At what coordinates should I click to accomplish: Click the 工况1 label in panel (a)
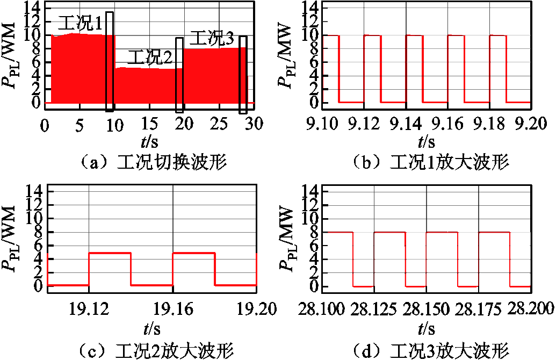click(80, 24)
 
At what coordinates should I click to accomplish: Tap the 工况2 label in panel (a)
click(150, 57)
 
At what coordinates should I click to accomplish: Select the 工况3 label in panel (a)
click(212, 38)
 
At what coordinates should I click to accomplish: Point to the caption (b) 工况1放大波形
click(430, 163)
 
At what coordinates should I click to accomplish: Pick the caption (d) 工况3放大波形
click(430, 351)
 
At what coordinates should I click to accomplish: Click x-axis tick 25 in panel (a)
click(219, 124)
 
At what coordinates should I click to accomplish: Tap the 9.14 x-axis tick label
click(406, 124)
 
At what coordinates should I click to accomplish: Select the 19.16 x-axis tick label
click(173, 309)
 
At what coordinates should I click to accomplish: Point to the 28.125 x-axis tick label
click(374, 309)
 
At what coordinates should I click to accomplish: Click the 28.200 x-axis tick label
click(530, 309)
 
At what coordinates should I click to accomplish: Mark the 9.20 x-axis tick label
click(531, 124)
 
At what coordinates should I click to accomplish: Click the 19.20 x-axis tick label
click(256, 309)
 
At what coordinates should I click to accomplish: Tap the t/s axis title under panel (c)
click(152, 329)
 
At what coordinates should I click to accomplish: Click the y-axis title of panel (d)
click(286, 240)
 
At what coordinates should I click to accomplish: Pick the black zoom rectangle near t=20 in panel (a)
click(179, 75)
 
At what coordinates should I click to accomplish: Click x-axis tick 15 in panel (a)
click(149, 124)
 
